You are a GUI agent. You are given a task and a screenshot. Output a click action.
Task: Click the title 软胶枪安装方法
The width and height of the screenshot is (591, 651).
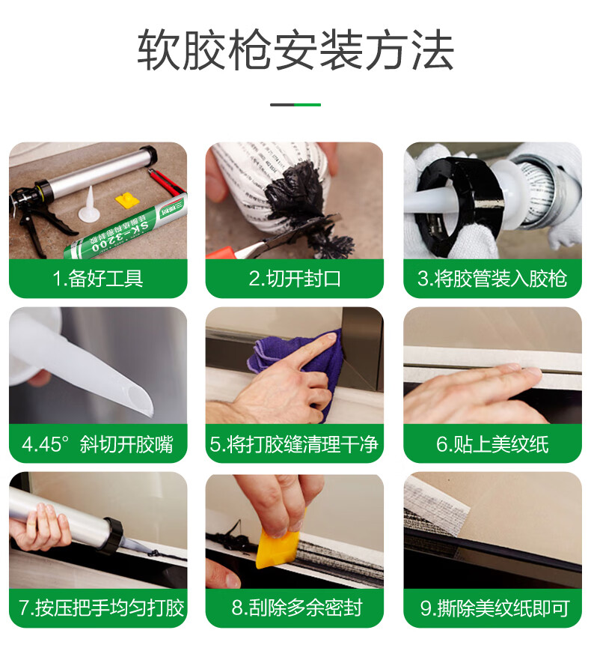(x=295, y=50)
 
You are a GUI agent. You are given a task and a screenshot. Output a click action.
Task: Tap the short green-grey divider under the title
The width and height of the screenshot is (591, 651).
(x=295, y=105)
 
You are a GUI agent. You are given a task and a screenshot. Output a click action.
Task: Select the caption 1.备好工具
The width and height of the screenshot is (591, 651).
(x=97, y=279)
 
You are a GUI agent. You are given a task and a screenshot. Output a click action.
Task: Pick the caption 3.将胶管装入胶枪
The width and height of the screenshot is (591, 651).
(x=492, y=279)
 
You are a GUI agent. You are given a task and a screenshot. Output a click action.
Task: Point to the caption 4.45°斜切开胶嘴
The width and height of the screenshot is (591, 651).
(x=97, y=444)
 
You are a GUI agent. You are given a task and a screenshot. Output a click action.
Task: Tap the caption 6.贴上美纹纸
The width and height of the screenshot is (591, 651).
(x=492, y=444)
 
